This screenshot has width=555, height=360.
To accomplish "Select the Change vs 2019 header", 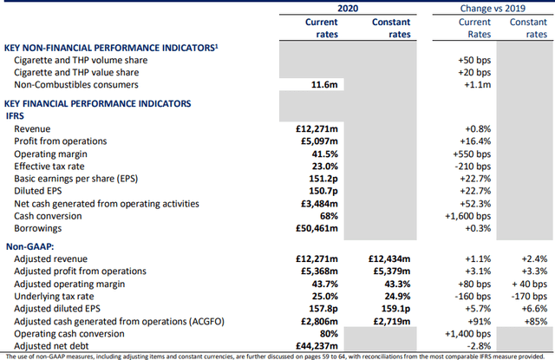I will point(494,8).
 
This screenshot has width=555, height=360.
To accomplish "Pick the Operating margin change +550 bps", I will point(473,154).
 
